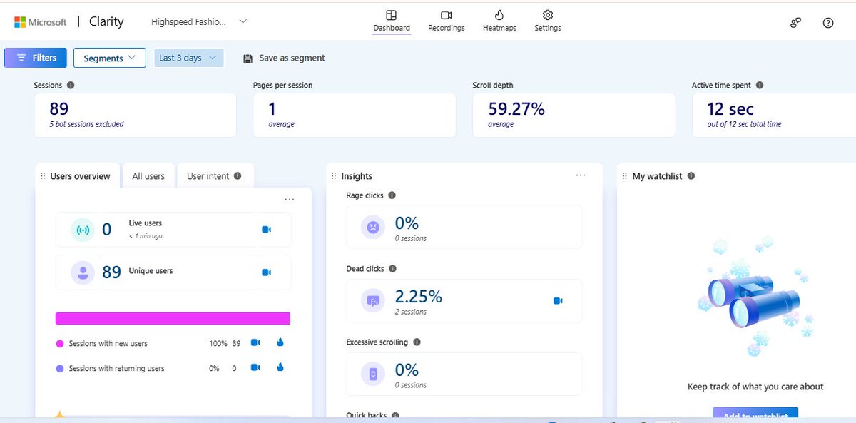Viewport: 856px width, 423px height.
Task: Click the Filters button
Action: point(36,58)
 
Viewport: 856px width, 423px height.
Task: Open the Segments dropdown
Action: point(109,58)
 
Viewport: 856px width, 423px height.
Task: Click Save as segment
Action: point(284,58)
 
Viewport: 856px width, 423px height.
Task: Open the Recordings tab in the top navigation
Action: point(446,21)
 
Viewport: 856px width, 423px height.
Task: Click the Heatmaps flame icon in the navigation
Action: point(499,15)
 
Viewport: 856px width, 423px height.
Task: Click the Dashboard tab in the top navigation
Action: point(392,21)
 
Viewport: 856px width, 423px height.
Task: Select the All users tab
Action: point(148,176)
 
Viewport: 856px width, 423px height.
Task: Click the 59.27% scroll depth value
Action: point(516,109)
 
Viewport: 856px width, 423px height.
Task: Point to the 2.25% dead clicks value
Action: point(419,296)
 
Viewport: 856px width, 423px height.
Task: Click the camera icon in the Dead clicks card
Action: point(558,301)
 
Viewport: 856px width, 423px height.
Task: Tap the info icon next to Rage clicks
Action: point(392,195)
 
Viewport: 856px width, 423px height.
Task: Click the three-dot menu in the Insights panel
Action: point(580,175)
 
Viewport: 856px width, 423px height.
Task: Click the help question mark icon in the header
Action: point(827,23)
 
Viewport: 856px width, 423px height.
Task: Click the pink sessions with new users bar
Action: point(173,318)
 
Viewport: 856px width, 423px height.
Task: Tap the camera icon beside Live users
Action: point(266,230)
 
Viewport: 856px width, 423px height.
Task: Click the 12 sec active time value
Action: point(730,109)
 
